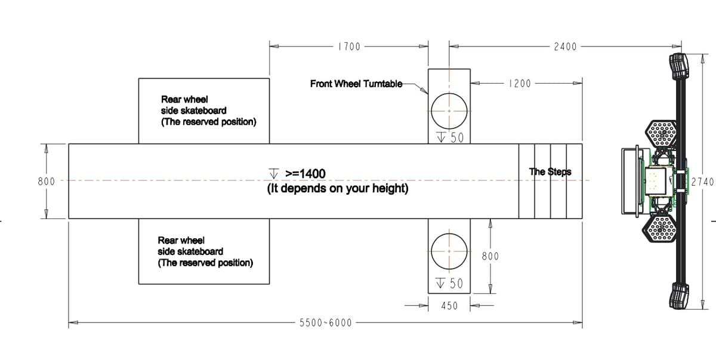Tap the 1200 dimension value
click(520, 84)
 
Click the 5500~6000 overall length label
click(325, 323)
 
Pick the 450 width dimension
click(449, 306)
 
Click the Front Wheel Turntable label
click(356, 84)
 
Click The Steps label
click(550, 172)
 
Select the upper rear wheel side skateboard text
click(208, 110)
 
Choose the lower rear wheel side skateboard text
click(205, 251)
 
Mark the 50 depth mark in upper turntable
click(450, 138)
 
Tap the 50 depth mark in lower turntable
click(450, 284)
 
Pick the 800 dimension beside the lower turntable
click(490, 256)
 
